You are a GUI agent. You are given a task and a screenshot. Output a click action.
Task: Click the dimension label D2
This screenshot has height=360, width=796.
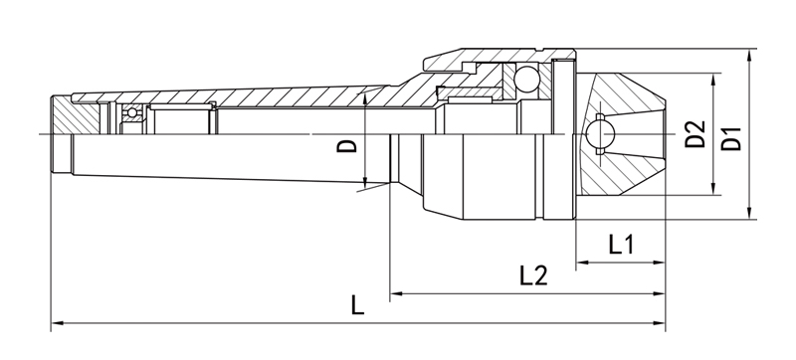click(x=695, y=134)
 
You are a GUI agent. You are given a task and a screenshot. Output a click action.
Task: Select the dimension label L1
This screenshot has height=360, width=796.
click(x=621, y=245)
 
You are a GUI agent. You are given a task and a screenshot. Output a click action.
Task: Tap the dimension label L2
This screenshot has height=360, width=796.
click(x=533, y=275)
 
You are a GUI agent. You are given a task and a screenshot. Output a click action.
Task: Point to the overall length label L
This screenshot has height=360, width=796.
click(x=358, y=305)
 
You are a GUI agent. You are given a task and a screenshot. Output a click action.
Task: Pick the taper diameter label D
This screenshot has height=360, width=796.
click(x=347, y=146)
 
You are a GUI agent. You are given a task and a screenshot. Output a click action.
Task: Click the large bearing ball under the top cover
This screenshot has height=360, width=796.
click(x=526, y=79)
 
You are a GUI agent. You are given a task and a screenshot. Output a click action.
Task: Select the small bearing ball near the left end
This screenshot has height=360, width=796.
click(x=132, y=112)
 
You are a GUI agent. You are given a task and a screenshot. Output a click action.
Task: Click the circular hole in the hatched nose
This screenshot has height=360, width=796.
click(x=600, y=134)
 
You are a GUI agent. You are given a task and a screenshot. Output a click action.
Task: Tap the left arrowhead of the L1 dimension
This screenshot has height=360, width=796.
click(x=582, y=263)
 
